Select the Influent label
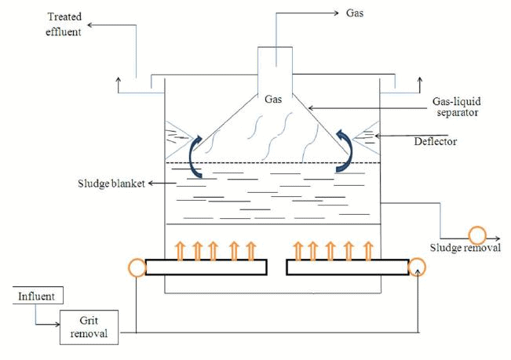pyautogui.click(x=36, y=297)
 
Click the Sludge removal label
pyautogui.click(x=465, y=249)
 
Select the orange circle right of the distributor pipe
pyautogui.click(x=418, y=268)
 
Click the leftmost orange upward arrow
pyautogui.click(x=179, y=249)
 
